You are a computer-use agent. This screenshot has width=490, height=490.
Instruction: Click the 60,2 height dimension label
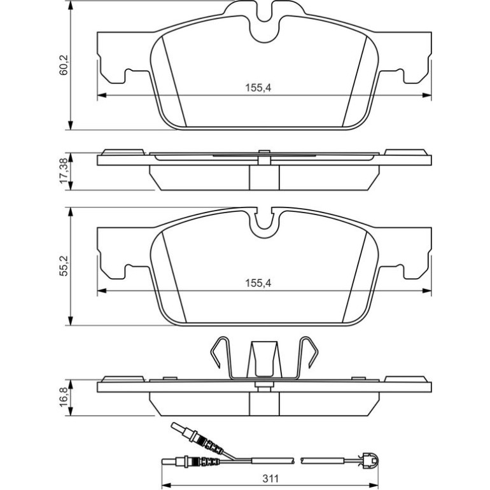click(64, 65)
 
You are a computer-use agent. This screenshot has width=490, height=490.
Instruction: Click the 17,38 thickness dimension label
click(64, 171)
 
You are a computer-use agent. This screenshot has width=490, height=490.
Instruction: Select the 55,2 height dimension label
click(64, 266)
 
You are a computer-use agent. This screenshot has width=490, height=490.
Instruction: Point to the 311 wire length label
click(270, 479)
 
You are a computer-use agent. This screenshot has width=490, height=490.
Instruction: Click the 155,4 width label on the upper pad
click(258, 88)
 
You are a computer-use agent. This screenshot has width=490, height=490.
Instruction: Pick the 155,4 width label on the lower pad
click(258, 283)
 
